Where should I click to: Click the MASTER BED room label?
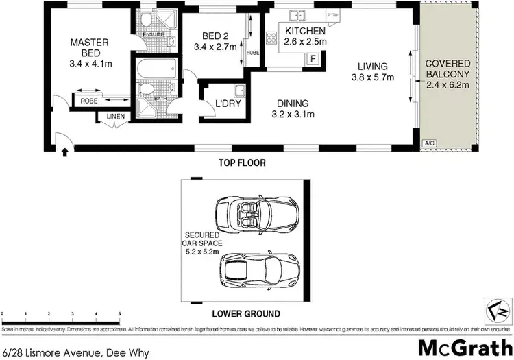coord(90,48)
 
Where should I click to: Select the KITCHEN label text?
coord(305,32)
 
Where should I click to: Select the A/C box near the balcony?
coord(430,143)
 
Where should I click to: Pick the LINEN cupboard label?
coord(116,117)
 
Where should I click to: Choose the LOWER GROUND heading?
coord(245,314)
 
